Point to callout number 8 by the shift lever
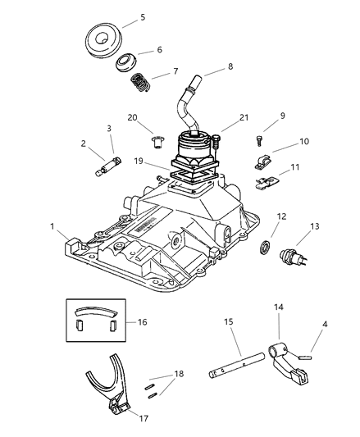pos(207,67)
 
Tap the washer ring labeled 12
pos(267,247)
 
